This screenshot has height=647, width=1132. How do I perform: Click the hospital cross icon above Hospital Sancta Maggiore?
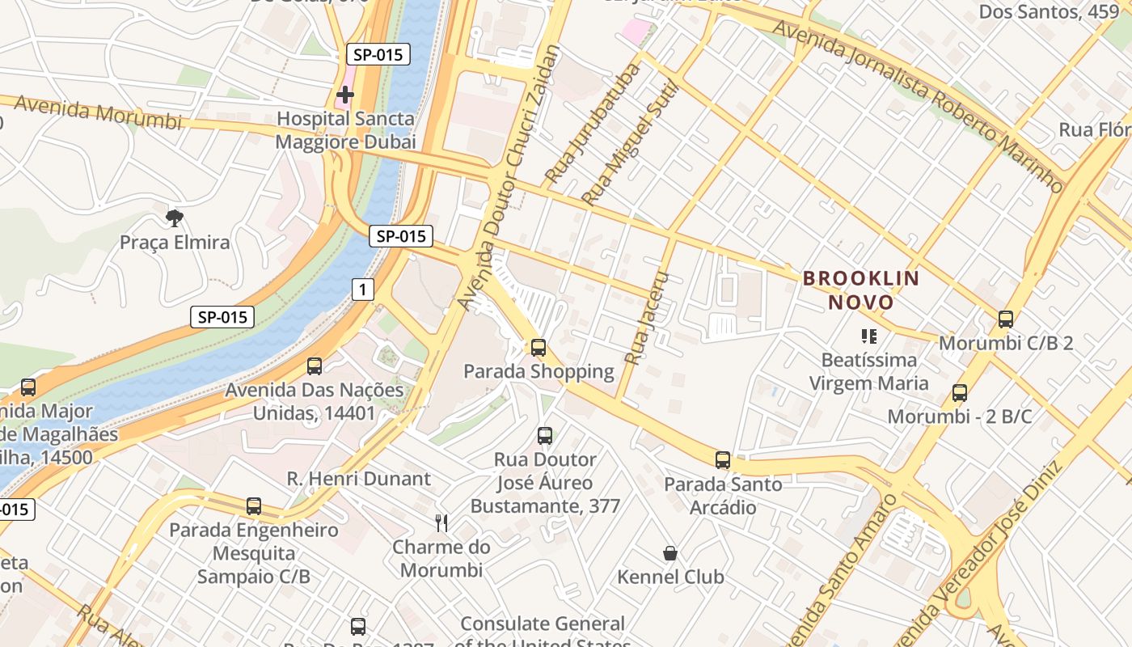click(345, 95)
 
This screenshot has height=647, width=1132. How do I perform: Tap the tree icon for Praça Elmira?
click(174, 218)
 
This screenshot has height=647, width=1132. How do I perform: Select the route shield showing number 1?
click(363, 289)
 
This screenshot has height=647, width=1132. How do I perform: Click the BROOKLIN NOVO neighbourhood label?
click(860, 290)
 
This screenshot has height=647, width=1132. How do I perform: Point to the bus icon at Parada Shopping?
click(538, 348)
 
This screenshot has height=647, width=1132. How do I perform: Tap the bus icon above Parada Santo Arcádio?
click(723, 460)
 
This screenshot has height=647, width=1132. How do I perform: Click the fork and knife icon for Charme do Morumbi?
click(441, 523)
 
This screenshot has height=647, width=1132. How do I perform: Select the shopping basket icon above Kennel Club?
click(670, 553)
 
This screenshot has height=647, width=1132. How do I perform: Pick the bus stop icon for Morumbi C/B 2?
click(1006, 319)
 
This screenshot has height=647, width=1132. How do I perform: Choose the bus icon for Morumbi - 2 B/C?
click(960, 393)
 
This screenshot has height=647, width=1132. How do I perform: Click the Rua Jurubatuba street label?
click(592, 123)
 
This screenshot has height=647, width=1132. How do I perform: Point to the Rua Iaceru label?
click(647, 317)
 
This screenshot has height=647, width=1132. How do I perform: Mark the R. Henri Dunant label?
click(359, 479)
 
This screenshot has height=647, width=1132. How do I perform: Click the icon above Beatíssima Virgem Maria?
click(869, 336)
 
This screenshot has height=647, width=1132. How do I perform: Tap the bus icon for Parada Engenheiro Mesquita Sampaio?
click(254, 506)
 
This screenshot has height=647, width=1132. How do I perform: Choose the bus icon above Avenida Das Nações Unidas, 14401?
click(315, 366)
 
